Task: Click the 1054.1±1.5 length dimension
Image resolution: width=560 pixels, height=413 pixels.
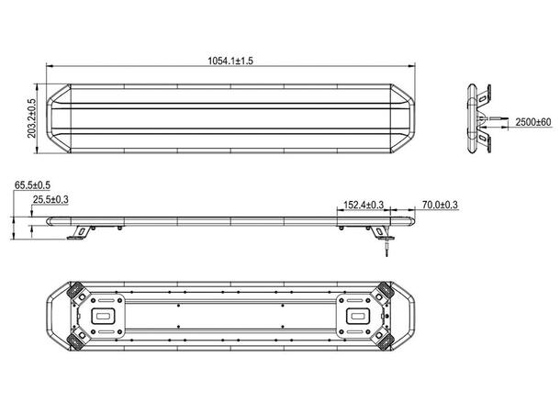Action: point(230,61)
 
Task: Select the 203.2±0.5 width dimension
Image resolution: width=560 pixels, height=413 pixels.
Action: point(32,118)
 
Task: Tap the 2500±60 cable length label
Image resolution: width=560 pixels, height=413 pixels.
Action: point(533,122)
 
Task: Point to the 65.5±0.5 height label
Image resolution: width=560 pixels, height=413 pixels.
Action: point(32,185)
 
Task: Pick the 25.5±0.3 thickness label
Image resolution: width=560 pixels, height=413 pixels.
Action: point(50,199)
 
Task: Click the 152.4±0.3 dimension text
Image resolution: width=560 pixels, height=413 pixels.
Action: point(364,205)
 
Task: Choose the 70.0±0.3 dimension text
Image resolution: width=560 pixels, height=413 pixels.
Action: point(440,205)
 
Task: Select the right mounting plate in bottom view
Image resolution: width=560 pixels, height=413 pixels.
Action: point(355,315)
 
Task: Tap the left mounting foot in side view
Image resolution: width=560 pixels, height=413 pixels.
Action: point(81,232)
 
